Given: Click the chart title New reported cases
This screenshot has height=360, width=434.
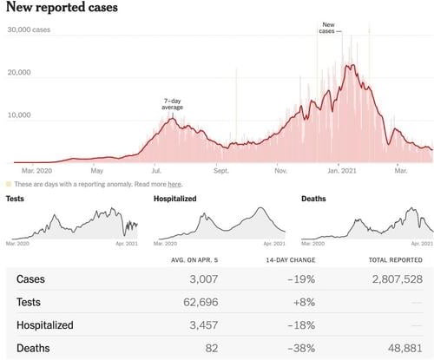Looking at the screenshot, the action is pyautogui.click(x=62, y=7).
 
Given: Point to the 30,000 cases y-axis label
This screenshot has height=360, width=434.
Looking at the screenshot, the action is pyautogui.click(x=29, y=29).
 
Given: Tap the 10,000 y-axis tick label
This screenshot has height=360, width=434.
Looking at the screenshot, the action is pyautogui.click(x=19, y=115).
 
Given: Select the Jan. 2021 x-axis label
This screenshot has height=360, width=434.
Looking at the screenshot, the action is pyautogui.click(x=342, y=171).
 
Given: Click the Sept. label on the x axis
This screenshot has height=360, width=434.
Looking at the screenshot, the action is pyautogui.click(x=221, y=171).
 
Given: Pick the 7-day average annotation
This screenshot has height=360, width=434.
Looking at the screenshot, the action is pyautogui.click(x=173, y=104).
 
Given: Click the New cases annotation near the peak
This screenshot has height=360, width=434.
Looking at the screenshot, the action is pyautogui.click(x=328, y=28).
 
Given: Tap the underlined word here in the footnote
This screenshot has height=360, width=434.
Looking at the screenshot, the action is pyautogui.click(x=174, y=184).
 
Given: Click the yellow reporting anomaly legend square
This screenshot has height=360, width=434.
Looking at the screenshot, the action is pyautogui.click(x=9, y=184).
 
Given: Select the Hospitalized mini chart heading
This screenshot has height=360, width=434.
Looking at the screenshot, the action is pyautogui.click(x=175, y=199).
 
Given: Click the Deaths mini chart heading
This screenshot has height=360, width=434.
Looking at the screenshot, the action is pyautogui.click(x=313, y=199).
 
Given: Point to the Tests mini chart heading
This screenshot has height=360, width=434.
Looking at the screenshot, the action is pyautogui.click(x=15, y=199).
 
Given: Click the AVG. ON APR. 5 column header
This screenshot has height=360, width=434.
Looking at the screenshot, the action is pyautogui.click(x=194, y=260).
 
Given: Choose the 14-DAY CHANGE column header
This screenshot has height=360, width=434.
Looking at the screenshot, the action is pyautogui.click(x=291, y=260).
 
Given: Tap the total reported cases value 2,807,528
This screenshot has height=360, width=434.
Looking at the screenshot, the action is pyautogui.click(x=398, y=279).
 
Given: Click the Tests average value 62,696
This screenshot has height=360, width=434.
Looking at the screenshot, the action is pyautogui.click(x=201, y=302).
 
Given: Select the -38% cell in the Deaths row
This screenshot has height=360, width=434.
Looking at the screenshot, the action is pyautogui.click(x=301, y=348).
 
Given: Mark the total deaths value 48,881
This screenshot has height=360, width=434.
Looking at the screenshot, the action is pyautogui.click(x=405, y=348).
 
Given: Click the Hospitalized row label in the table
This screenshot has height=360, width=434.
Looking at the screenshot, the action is pyautogui.click(x=45, y=325).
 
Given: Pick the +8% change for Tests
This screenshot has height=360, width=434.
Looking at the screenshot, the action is pyautogui.click(x=304, y=302).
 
